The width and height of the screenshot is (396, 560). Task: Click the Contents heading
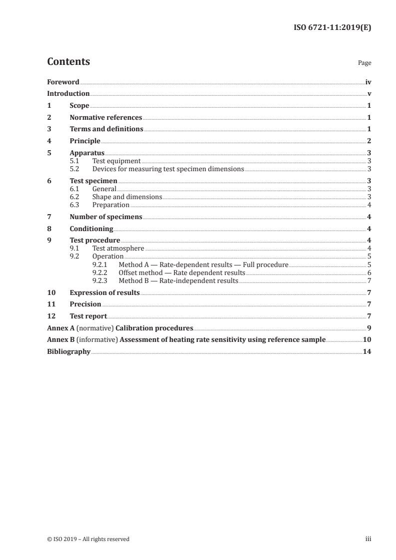point(68,62)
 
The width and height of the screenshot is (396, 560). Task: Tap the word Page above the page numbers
point(365,63)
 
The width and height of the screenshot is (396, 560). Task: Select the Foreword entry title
point(63,82)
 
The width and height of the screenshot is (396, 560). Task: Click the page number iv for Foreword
point(368,82)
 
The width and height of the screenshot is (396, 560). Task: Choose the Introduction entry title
point(68,94)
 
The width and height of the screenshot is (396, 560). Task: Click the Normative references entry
point(106,118)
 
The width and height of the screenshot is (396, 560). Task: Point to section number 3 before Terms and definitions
point(49,129)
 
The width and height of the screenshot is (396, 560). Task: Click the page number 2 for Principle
point(369,141)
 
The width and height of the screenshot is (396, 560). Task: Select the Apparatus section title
point(87,153)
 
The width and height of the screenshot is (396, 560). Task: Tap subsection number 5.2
point(74,169)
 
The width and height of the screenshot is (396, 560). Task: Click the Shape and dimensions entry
point(127,197)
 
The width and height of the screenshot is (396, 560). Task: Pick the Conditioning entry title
point(91,229)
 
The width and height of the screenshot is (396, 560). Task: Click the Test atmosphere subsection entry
point(118,248)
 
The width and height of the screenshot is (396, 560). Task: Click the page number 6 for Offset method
point(369,273)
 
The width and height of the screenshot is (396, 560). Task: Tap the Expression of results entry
point(105,292)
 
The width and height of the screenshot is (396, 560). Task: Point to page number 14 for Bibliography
point(367,352)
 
